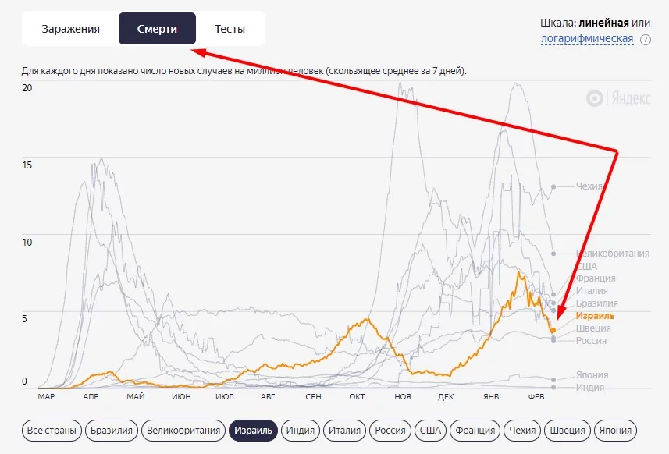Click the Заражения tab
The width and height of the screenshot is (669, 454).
70,29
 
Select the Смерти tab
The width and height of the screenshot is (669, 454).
157,29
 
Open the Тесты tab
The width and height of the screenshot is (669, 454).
230,29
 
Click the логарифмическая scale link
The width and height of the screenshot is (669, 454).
586,38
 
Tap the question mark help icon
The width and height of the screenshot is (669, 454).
646,40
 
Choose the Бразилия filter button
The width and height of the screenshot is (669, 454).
112,430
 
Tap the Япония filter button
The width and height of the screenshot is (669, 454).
616,430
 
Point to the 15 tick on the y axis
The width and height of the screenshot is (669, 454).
28,165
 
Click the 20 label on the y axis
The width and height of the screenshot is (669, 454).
28,87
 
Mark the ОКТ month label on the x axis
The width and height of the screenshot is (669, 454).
358,396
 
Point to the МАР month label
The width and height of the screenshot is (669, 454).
45,396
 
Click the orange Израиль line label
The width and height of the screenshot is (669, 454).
595,316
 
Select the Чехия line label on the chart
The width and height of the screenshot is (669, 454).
589,186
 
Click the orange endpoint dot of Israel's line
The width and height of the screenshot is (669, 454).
553,330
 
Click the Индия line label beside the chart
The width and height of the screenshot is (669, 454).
589,388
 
